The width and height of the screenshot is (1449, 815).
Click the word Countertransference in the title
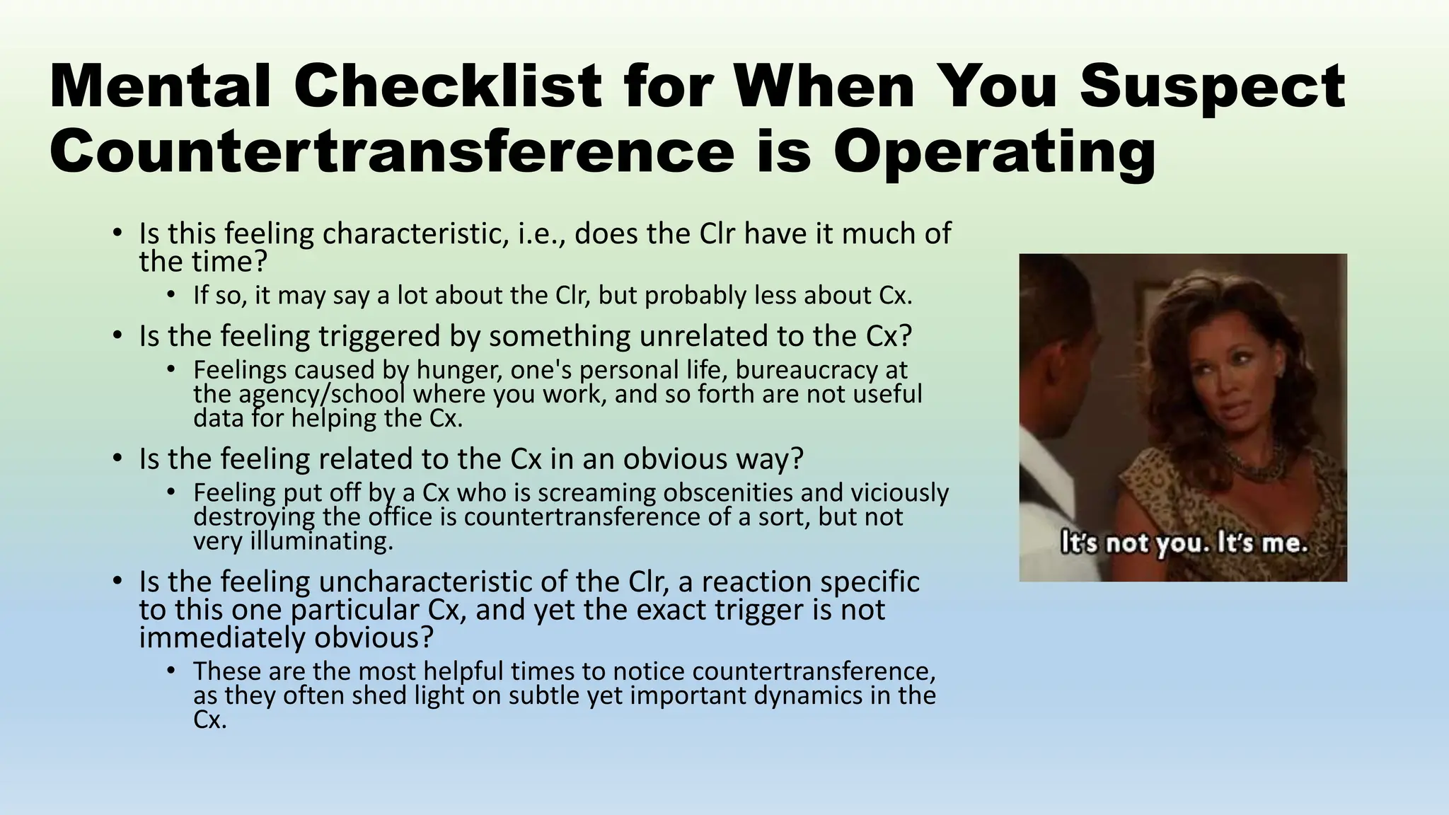coord(393,152)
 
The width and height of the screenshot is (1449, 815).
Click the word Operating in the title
coord(994,152)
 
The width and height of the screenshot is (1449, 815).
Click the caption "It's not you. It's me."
coord(1184,543)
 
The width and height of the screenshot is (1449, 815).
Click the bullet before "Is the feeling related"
coord(117,458)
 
